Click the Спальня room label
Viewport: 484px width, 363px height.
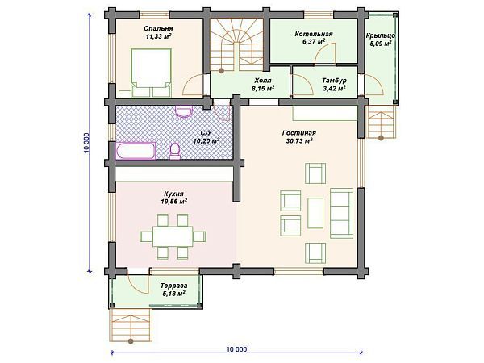[158, 29]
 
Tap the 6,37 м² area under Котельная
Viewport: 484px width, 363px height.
[314, 42]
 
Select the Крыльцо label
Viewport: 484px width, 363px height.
[381, 35]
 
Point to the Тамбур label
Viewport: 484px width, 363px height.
[334, 81]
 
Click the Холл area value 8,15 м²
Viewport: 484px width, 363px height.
[263, 89]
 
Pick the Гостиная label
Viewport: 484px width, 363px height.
[299, 133]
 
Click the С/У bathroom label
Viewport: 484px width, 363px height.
[207, 133]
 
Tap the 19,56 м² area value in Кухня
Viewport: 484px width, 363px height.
[174, 202]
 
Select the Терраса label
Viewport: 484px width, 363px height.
[173, 286]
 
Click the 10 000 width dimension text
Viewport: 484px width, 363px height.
[236, 349]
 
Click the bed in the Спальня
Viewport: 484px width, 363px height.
[152, 73]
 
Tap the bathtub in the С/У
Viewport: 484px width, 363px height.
[136, 151]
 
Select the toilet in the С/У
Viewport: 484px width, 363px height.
[175, 152]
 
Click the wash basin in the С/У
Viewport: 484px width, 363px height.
[184, 111]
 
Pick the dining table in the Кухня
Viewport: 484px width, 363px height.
[173, 236]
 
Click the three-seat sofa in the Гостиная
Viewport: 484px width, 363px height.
[341, 213]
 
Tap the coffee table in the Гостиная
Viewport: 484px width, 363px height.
[315, 213]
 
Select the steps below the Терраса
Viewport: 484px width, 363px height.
[131, 325]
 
